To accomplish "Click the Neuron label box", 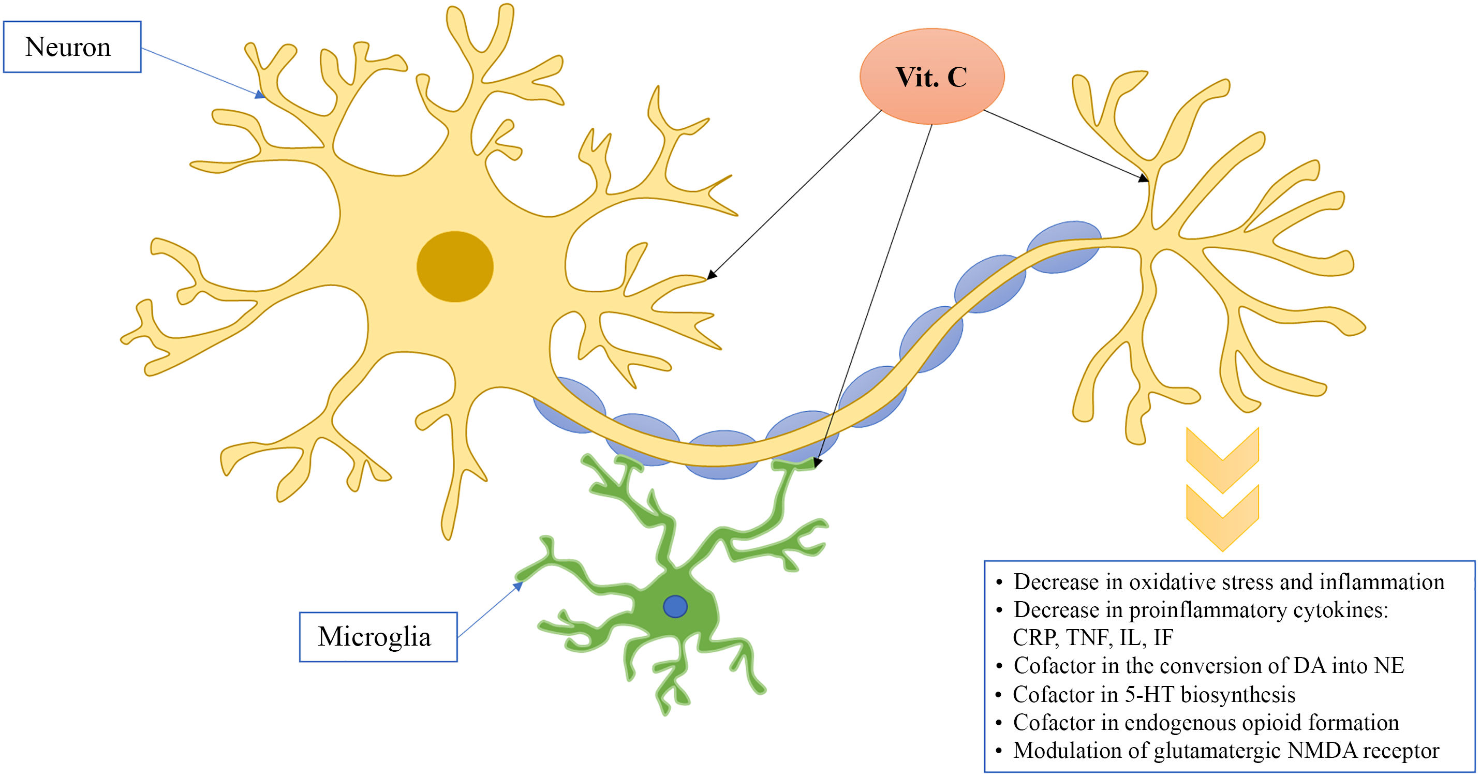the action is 72,47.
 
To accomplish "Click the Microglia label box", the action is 378,637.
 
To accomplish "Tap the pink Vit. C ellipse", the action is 931,77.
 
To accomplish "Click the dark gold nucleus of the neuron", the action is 454,266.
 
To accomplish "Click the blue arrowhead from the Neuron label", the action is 261,95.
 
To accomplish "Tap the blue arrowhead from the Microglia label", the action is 518,586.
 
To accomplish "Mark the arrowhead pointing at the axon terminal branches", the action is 1143,178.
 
